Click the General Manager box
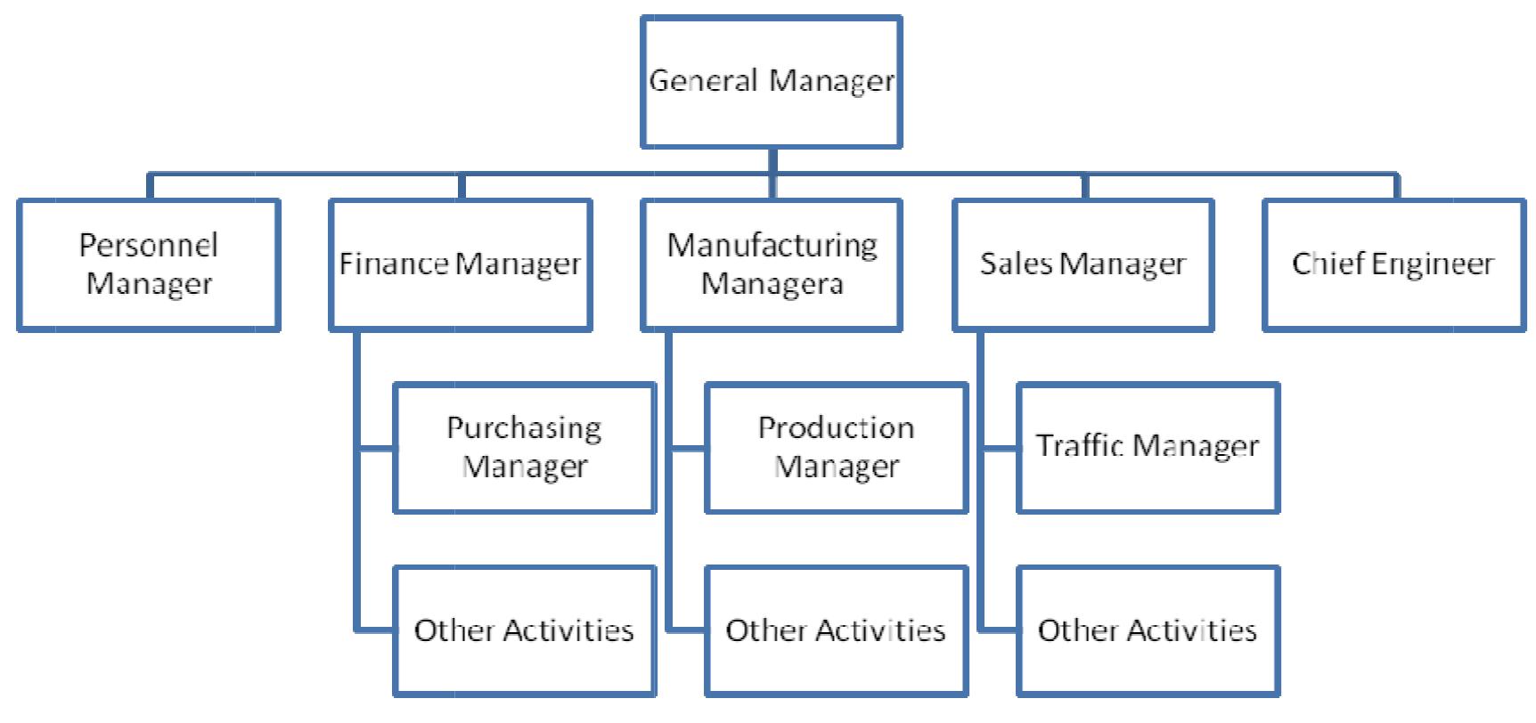[771, 82]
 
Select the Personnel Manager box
[148, 265]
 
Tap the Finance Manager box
[460, 265]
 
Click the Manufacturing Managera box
[772, 265]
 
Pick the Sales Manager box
[1083, 265]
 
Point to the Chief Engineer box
[1394, 265]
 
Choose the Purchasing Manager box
[525, 448]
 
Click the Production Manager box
[836, 448]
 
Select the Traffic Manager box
[1148, 448]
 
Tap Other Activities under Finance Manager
[525, 630]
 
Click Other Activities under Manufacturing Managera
[836, 630]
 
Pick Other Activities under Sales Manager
[1148, 630]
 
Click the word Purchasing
[524, 429]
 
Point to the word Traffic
[1079, 445]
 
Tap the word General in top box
[704, 81]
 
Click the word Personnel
[148, 245]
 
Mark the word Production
[836, 428]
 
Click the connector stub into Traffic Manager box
[1001, 449]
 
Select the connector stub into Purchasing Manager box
[377, 449]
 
